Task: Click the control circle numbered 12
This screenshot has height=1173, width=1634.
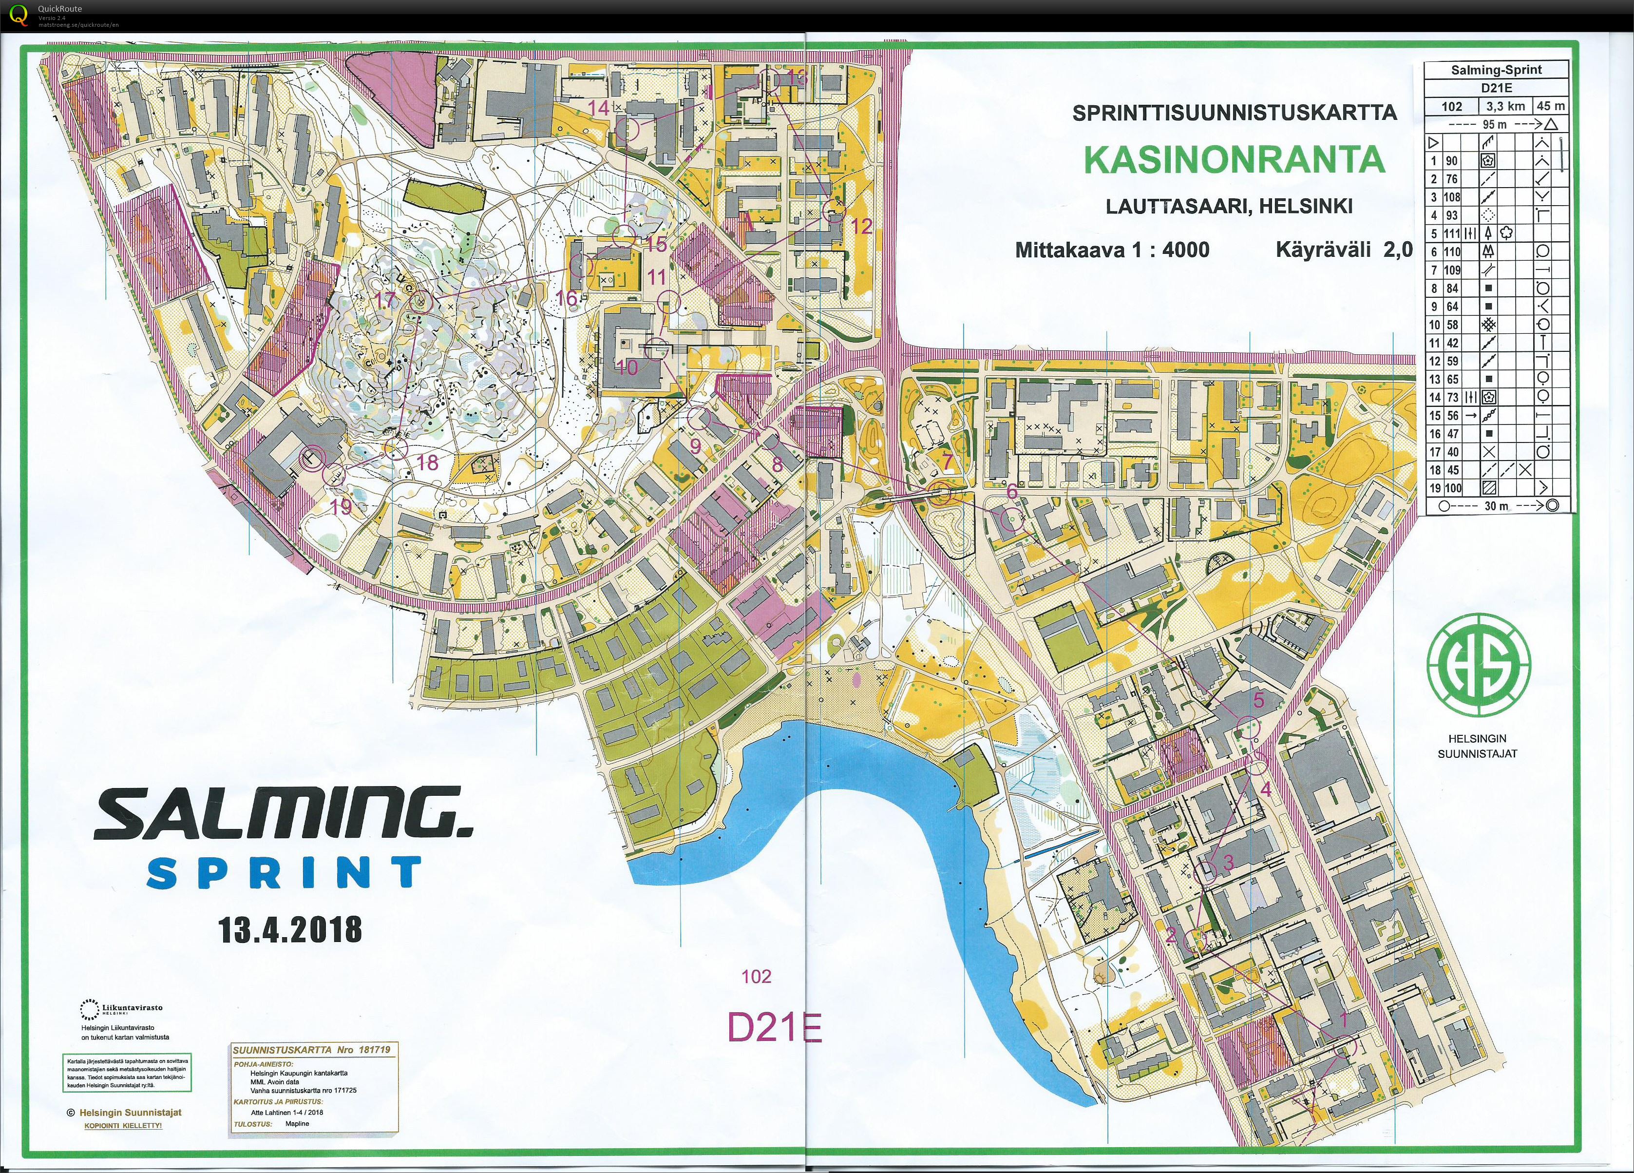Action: click(833, 211)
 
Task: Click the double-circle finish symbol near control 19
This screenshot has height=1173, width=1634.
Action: click(312, 458)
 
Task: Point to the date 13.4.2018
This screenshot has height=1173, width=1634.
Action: click(289, 929)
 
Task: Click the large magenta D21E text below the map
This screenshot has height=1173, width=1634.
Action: click(774, 1027)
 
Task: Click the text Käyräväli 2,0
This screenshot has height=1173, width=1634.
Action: click(1344, 250)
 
